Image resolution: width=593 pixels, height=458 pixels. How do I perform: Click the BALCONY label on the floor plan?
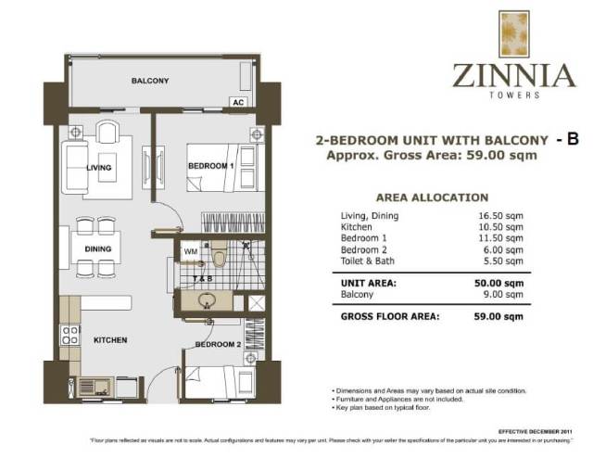pos(149,82)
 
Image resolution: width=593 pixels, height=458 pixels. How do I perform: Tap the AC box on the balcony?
pos(238,102)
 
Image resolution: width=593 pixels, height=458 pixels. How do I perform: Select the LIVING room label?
pos(99,168)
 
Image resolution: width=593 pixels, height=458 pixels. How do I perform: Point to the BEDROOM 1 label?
pos(210,165)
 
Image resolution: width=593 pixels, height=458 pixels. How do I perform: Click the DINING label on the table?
pos(98,249)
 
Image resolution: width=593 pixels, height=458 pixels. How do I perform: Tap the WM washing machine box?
pos(190,250)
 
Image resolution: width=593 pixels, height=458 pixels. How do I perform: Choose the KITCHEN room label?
pos(110,340)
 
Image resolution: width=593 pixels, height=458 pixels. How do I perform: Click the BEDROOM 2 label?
pos(217,344)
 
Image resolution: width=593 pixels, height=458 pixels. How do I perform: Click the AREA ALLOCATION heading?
pos(431,197)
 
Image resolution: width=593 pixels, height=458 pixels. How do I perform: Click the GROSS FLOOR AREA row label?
pos(389,316)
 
